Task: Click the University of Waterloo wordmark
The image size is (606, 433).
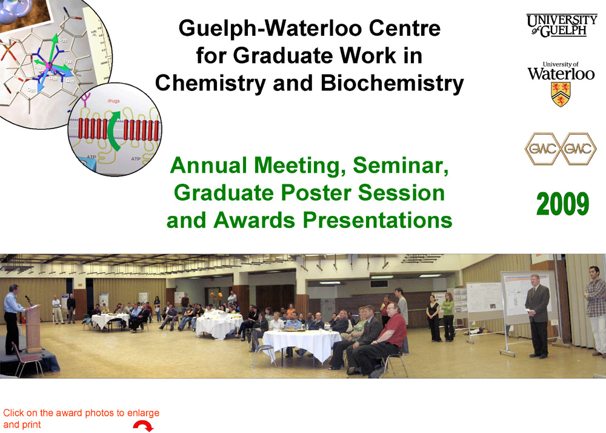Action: [561, 73]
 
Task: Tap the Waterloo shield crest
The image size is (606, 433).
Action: [560, 95]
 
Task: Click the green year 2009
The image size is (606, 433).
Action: [562, 205]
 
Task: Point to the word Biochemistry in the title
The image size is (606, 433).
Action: [392, 83]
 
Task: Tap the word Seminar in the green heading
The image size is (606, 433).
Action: [402, 165]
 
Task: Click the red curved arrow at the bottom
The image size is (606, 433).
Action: [143, 426]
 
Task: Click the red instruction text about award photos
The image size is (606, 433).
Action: [81, 418]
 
